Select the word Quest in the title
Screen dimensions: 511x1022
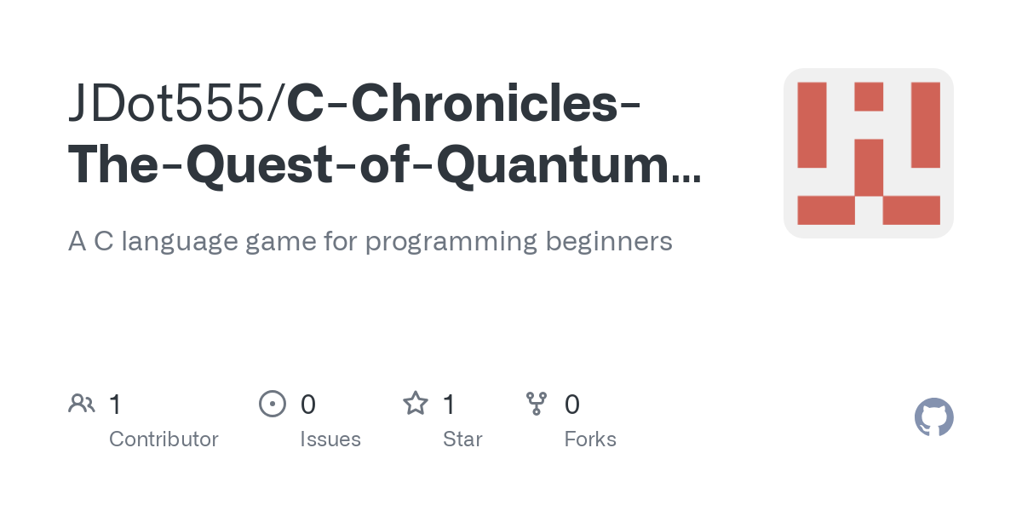point(276,165)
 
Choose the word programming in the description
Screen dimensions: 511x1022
point(451,241)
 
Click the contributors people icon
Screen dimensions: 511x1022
point(82,403)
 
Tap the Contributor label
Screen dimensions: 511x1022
point(164,439)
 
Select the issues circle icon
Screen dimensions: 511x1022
point(272,403)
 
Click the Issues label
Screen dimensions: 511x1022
point(330,439)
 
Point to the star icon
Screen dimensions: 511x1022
point(416,403)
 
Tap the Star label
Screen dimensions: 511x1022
point(462,439)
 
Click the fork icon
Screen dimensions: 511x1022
point(537,403)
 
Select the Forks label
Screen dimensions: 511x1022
point(590,439)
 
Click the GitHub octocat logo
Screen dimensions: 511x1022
point(933,417)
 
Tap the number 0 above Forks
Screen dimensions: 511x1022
point(572,404)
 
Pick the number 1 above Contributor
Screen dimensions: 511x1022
point(115,404)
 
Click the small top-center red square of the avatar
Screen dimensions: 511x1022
point(869,96)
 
